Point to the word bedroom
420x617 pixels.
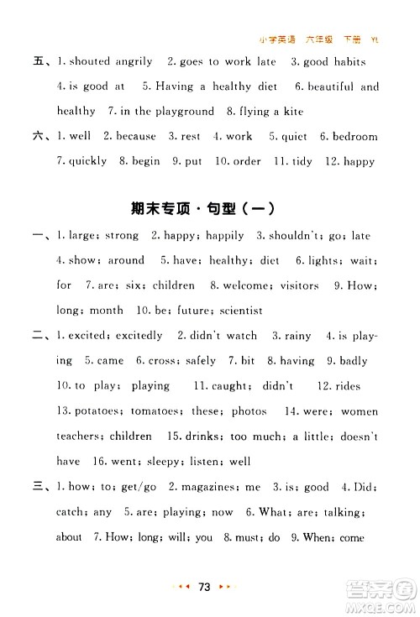(x=355, y=136)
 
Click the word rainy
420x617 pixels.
(x=298, y=336)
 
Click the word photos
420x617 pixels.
(x=248, y=410)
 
